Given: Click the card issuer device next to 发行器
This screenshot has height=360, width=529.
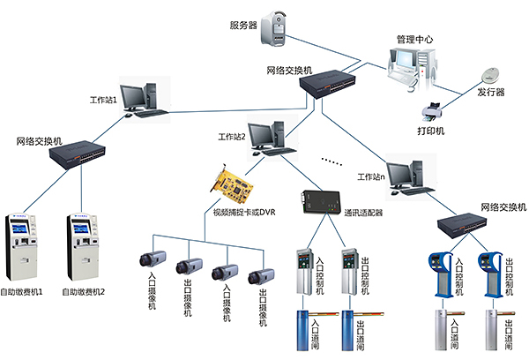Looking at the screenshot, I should tap(490, 77).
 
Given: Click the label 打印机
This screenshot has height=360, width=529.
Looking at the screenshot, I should tap(432, 131).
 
